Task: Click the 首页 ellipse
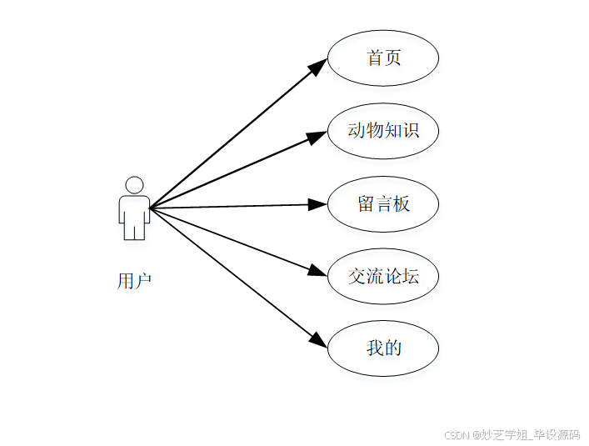(383, 58)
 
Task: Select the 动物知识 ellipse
(383, 131)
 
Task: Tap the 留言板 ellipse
(383, 203)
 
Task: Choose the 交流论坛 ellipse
(383, 276)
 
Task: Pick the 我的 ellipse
(383, 348)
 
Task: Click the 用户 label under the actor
(134, 281)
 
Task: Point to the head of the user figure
(134, 184)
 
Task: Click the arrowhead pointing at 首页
(319, 66)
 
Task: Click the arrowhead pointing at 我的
(319, 340)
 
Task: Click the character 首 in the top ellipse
(375, 58)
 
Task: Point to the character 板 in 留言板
(402, 203)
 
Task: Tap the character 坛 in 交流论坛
(410, 276)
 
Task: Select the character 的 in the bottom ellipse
(392, 348)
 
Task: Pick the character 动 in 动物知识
(357, 131)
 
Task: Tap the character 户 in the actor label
(143, 281)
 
